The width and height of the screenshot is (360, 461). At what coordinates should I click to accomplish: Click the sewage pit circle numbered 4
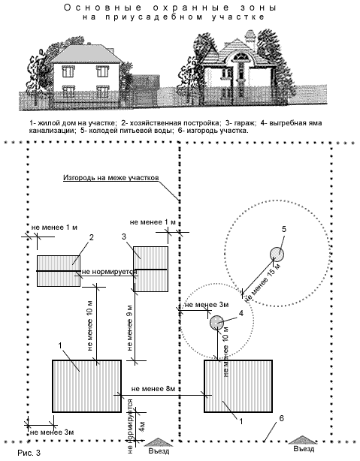coord(216,323)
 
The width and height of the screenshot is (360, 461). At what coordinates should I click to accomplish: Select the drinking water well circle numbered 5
coord(277,254)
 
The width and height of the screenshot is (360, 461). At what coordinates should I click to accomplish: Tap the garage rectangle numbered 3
coord(151,269)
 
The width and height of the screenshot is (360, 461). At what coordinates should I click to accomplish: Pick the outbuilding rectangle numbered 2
coord(59,271)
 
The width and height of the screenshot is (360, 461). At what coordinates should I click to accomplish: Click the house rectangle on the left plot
coord(87,386)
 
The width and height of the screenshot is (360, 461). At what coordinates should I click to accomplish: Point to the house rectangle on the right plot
coord(238,386)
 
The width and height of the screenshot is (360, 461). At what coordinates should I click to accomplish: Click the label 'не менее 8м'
coord(153,389)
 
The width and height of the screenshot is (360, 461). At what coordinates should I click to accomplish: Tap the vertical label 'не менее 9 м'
coord(130,328)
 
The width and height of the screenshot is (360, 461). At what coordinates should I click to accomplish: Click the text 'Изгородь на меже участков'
coord(111,178)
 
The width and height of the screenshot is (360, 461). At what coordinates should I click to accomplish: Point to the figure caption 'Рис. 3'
coord(29,453)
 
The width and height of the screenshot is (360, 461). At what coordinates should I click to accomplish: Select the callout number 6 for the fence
coord(281,418)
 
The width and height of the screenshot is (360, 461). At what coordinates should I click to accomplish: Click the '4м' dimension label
coord(142,426)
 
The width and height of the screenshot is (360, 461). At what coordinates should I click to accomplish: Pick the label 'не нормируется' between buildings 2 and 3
coord(110,271)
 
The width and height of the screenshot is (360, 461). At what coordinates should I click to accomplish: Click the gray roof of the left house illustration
coord(86,54)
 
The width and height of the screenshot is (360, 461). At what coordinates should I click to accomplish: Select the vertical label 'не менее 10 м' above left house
coord(90,325)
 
